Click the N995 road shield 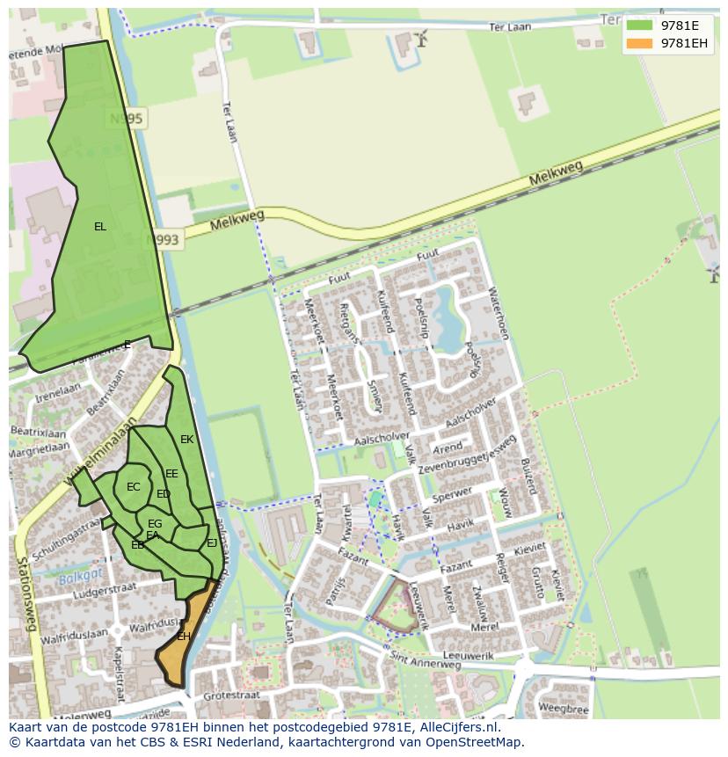[x=127, y=118]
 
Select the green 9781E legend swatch [x=639, y=25]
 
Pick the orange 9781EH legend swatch [x=639, y=43]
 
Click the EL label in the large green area [x=100, y=227]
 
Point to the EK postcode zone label [x=186, y=440]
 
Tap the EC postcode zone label [x=134, y=487]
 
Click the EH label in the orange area [x=184, y=636]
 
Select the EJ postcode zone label [x=212, y=543]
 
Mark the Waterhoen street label [x=498, y=314]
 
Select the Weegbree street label [x=564, y=708]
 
